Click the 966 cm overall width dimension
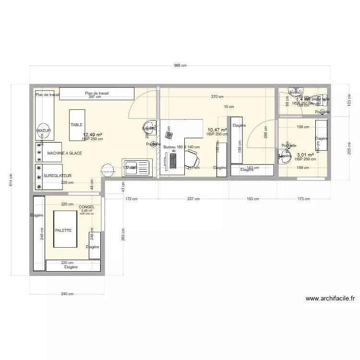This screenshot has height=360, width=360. (x=180, y=66)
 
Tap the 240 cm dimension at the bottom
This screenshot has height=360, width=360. (x=68, y=294)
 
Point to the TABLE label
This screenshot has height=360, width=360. (x=77, y=125)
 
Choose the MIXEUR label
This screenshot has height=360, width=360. (x=43, y=131)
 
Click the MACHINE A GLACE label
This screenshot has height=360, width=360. (x=64, y=153)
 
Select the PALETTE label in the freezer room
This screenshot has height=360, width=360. (x=63, y=230)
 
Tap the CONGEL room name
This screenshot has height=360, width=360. (x=87, y=207)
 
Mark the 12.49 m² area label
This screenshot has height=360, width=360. (x=93, y=135)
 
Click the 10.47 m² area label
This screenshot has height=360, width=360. (x=217, y=130)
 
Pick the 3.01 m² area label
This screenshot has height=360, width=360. (x=305, y=155)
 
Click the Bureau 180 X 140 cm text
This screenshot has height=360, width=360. (x=181, y=147)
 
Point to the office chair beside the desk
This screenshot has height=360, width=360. (x=192, y=157)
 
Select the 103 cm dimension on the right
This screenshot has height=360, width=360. (x=349, y=100)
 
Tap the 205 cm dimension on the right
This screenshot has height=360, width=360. (x=349, y=149)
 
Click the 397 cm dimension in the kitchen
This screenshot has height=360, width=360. (x=95, y=97)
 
